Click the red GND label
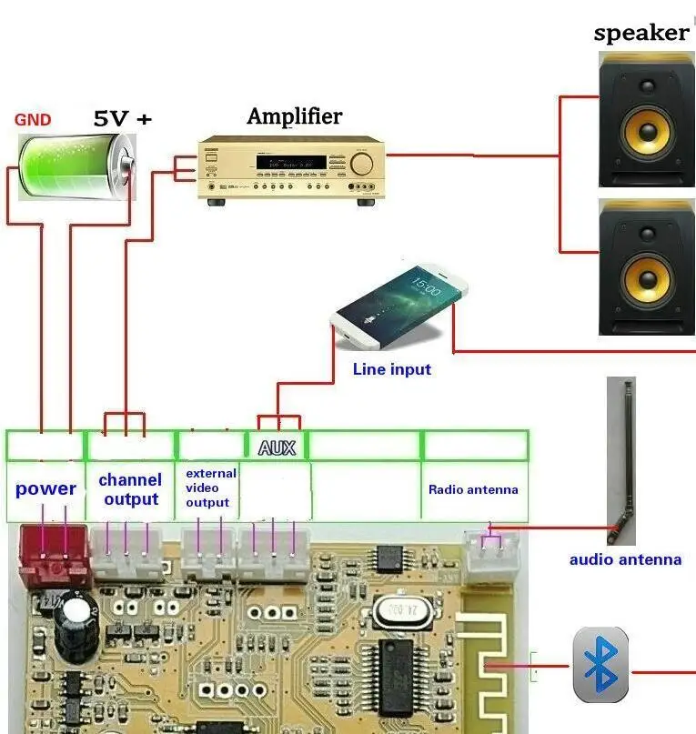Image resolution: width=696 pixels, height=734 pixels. [x=33, y=119]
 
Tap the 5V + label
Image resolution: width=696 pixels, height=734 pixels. [x=123, y=118]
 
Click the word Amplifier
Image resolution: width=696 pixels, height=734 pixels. [x=294, y=116]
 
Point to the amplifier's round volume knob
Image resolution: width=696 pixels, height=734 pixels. [x=361, y=164]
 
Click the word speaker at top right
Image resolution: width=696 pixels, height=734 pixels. [x=641, y=34]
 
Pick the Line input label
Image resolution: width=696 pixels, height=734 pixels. [x=391, y=369]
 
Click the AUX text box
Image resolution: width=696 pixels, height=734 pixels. [x=277, y=447]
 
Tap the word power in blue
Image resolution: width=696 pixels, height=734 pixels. [x=45, y=488]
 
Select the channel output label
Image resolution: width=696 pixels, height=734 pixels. [x=130, y=489]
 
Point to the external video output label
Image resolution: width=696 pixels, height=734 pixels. [x=210, y=488]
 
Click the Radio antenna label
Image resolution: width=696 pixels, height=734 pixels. [x=473, y=489]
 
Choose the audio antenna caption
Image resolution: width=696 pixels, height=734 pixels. [x=625, y=559]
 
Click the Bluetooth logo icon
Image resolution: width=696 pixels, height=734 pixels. [x=600, y=664]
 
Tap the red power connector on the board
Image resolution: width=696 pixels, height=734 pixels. [x=52, y=554]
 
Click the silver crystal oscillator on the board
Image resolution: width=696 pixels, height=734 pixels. [x=395, y=608]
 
